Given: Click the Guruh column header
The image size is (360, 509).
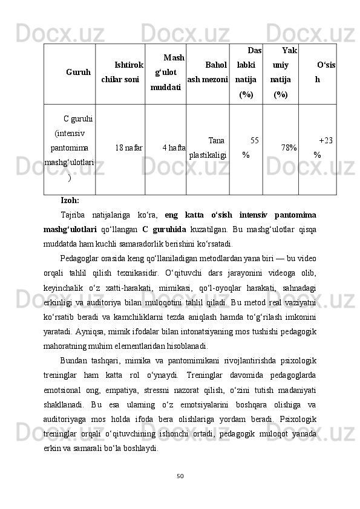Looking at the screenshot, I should (79, 73).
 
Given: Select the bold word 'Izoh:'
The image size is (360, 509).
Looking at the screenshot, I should (70, 200).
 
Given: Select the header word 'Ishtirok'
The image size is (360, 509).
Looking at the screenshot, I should (128, 65).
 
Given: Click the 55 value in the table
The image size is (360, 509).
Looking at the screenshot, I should (255, 140).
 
